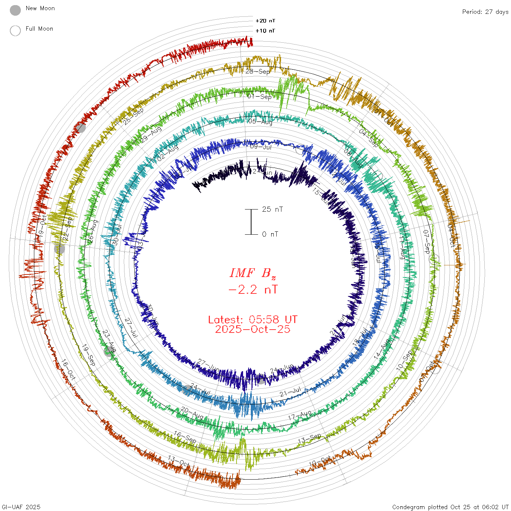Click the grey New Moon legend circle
pos(15,11)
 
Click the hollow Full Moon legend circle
pos(15,31)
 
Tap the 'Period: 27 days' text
pos(485,12)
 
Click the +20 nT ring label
pos(265,21)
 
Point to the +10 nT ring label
pos(265,31)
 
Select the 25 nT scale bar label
pos(272,209)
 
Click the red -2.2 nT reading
pos(253,289)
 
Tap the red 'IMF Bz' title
pos(253,273)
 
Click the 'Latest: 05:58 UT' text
pos(253,320)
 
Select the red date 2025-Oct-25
pos(253,329)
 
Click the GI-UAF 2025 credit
pos(20,507)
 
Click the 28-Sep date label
pos(258,71)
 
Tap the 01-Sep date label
pos(260,97)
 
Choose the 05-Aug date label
pos(260,122)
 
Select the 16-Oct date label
pos(68,370)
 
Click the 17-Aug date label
pos(300,415)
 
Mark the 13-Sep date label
pos(310,438)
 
